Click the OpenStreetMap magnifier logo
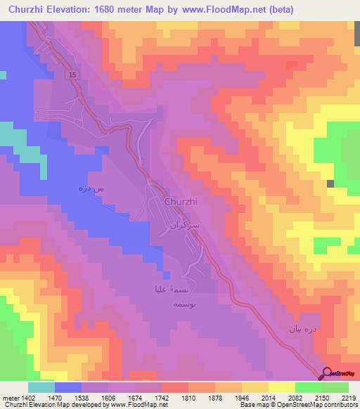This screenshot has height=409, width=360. [x=326, y=375]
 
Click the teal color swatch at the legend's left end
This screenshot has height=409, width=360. [x=41, y=387]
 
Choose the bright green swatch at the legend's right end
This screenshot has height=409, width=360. [x=335, y=387]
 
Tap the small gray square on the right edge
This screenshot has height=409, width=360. [x=330, y=183]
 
